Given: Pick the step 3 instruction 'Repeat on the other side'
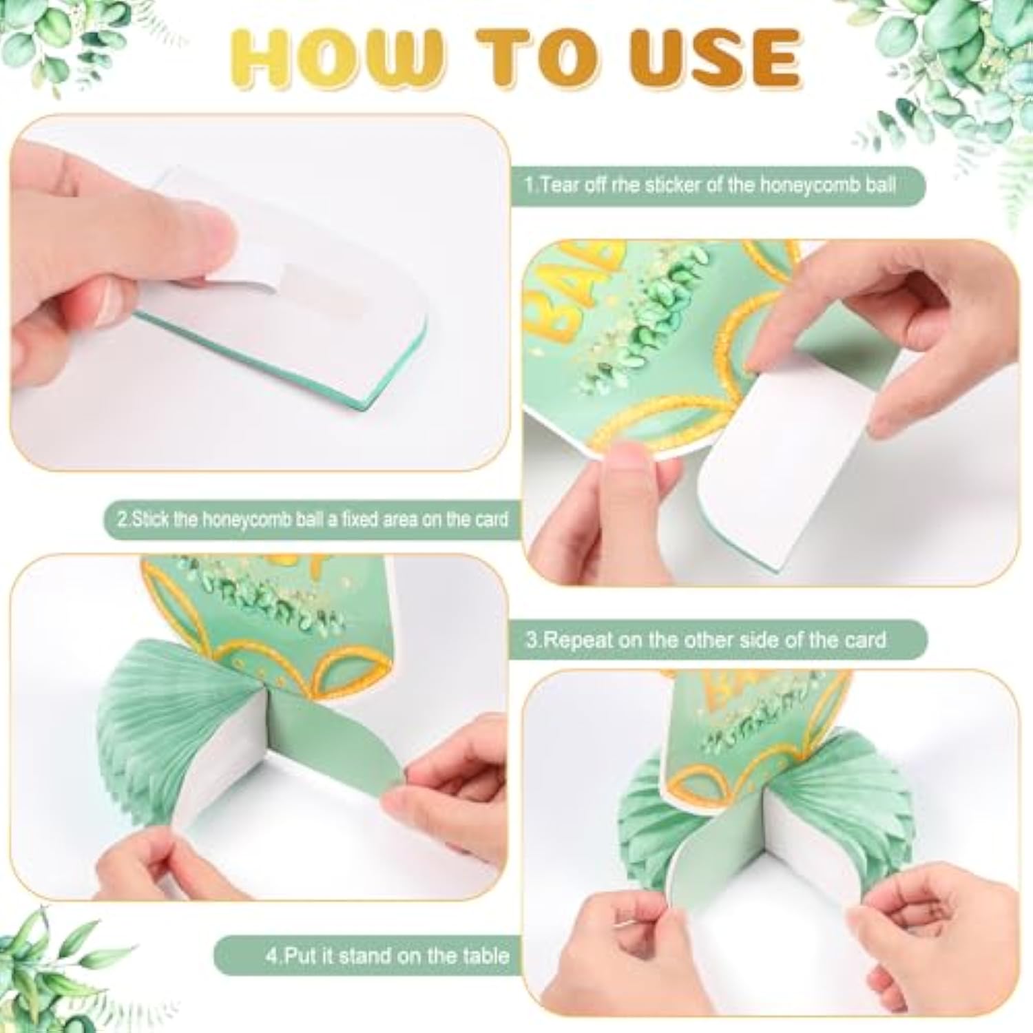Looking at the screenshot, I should [705, 640].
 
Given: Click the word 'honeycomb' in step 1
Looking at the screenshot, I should [808, 185].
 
